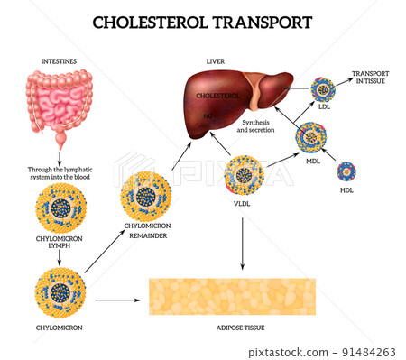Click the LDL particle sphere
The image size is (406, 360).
[x=322, y=90]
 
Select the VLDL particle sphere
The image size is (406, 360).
[x=245, y=176]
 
